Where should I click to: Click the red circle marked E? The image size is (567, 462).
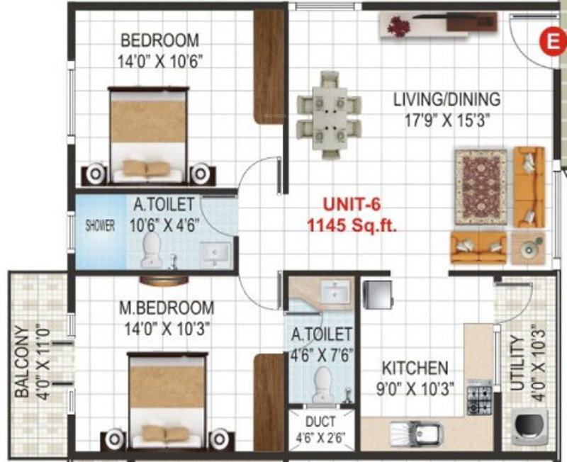(x=549, y=41)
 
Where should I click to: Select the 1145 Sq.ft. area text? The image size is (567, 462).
(x=352, y=227)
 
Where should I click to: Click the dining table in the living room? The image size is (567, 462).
(x=329, y=115)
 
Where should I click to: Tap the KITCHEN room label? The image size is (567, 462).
(x=415, y=368)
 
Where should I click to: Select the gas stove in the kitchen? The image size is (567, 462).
(x=478, y=398)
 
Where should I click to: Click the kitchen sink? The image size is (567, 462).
(x=417, y=432)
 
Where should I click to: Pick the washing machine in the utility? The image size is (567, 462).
(x=527, y=428)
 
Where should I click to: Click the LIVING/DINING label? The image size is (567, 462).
(x=447, y=99)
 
